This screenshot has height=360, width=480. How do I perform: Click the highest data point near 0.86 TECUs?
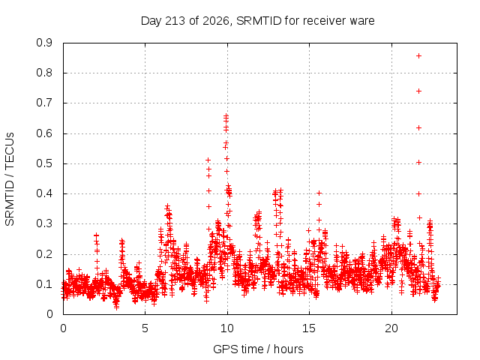(418, 55)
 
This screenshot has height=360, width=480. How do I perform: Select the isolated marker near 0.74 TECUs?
(418, 91)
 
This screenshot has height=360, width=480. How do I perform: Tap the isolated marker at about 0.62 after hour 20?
(418, 127)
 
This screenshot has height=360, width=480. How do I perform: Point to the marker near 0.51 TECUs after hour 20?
(419, 162)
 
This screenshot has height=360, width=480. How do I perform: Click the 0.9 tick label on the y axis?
(44, 43)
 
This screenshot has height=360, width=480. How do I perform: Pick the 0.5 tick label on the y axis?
(44, 163)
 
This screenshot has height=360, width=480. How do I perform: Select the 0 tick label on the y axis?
(49, 314)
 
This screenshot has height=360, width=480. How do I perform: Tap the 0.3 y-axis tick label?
(44, 223)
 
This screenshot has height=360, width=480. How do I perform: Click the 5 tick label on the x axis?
(145, 328)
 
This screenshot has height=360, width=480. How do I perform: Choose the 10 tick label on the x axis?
(227, 328)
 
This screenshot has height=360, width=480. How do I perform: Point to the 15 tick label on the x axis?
(309, 328)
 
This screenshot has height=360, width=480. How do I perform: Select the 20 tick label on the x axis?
(391, 328)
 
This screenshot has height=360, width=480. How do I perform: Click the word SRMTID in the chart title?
(259, 21)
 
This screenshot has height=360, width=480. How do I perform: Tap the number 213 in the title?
(175, 21)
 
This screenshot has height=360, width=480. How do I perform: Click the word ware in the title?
(362, 21)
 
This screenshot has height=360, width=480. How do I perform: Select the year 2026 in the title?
(216, 21)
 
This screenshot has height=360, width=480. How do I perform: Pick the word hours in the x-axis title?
(288, 349)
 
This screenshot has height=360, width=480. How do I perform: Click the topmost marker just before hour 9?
(208, 160)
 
